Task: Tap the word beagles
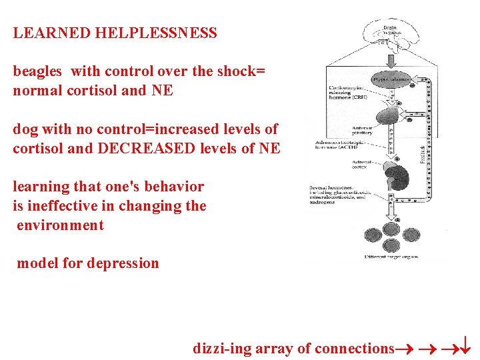tap(37, 71)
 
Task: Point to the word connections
tap(353, 348)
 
